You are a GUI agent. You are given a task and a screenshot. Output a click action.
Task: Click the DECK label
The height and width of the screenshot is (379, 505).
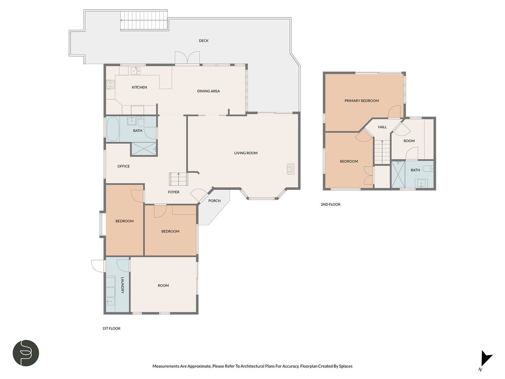(x=204, y=41)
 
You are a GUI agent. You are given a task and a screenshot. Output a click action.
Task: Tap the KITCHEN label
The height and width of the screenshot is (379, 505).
(x=140, y=87)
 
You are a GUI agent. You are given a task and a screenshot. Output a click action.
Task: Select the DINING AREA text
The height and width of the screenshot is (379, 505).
(x=208, y=91)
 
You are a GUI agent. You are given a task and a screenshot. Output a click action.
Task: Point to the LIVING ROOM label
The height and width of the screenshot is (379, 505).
(x=246, y=153)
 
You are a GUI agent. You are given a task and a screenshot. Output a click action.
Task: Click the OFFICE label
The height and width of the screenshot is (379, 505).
(x=124, y=166)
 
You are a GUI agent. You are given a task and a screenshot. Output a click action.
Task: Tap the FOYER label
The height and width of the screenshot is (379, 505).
(x=174, y=192)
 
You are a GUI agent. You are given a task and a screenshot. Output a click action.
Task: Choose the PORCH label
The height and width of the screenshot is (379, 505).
(x=214, y=201)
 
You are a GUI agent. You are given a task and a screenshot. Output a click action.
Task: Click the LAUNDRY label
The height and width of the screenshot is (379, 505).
(x=123, y=285)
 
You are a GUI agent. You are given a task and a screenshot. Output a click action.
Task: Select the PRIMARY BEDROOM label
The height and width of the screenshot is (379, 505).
(x=362, y=101)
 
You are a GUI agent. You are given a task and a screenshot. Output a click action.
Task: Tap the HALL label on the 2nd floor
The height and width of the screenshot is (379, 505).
(x=382, y=127)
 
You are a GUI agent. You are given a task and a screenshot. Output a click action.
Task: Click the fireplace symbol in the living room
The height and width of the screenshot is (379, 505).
(x=291, y=169)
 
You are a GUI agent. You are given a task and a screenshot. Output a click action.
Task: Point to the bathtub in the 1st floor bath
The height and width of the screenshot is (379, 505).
(x=113, y=129)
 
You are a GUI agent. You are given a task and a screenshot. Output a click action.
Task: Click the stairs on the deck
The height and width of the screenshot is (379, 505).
(x=144, y=21)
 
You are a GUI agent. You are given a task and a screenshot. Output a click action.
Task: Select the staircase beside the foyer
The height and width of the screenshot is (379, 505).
(x=178, y=179)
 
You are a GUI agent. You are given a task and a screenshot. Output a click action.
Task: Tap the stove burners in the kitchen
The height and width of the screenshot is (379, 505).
(x=110, y=84)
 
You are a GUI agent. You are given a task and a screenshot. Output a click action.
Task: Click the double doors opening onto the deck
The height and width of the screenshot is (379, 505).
(x=187, y=58)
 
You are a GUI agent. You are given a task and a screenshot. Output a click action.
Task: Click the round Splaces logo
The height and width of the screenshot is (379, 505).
(x=26, y=353)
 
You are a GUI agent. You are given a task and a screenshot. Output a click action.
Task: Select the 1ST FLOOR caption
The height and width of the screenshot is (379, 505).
(x=111, y=328)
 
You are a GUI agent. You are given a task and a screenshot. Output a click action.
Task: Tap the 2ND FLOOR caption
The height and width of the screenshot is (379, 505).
(x=330, y=204)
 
